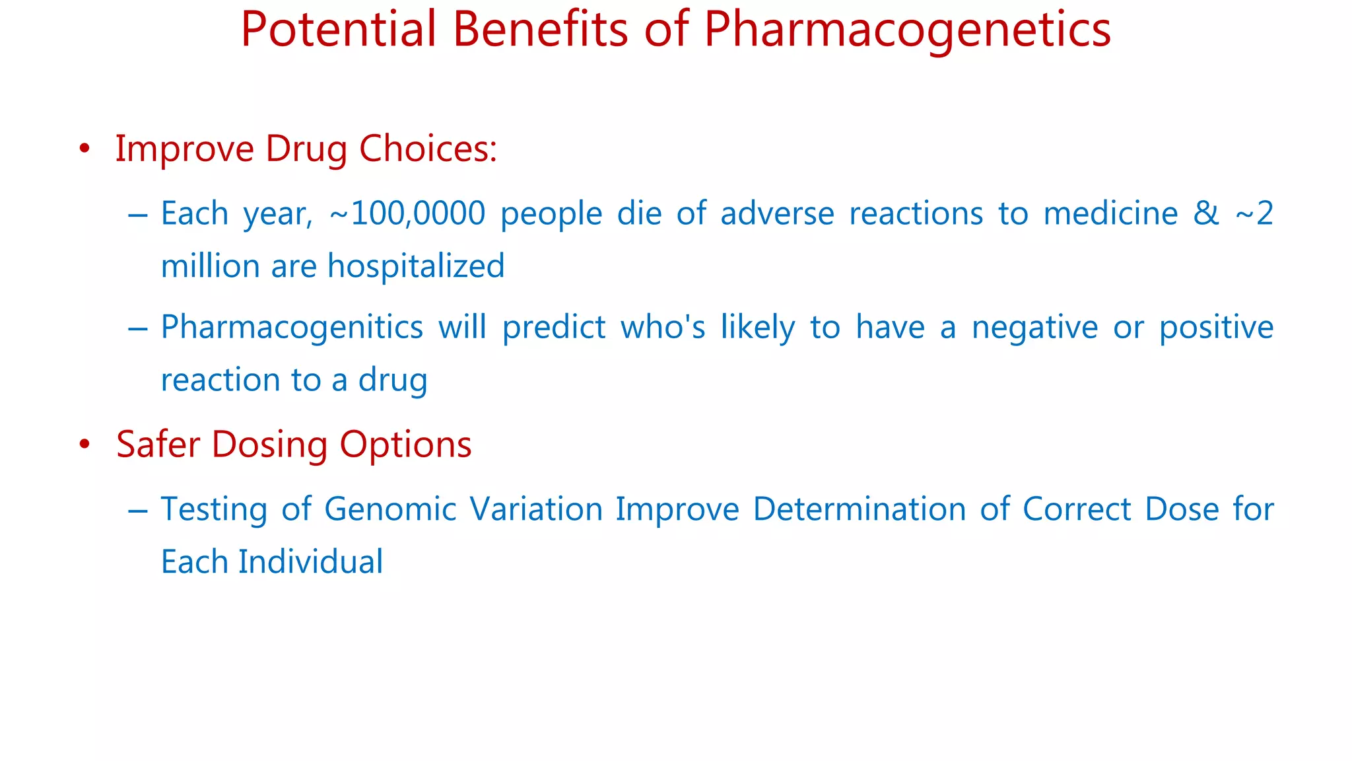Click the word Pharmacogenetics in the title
(907, 30)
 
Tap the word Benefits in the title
(539, 29)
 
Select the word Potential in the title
(339, 29)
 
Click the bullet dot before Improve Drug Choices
(84, 149)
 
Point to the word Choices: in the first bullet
(428, 149)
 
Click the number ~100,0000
(407, 213)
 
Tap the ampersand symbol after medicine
(1205, 213)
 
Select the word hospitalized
(416, 266)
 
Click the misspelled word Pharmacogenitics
(292, 328)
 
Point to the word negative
(1033, 327)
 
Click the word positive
(1216, 327)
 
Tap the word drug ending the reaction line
(393, 380)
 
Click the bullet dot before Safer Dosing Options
(84, 445)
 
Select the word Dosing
(269, 445)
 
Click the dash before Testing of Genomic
(138, 510)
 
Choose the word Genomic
(390, 509)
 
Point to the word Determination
(859, 509)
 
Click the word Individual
(310, 562)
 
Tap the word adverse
(777, 213)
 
